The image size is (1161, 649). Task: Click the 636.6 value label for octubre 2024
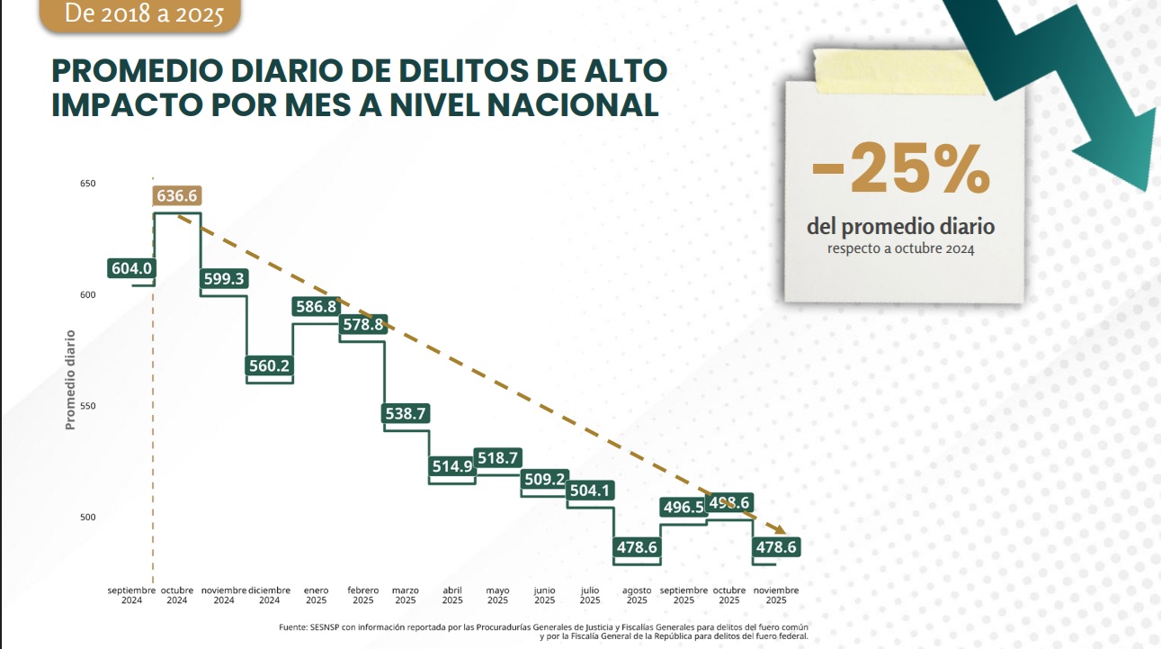177,196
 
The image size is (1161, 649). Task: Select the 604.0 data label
131,268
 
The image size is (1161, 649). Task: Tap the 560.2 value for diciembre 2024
270,365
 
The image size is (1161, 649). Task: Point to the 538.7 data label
406,414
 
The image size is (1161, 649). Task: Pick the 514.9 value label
451,466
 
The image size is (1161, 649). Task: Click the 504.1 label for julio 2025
591,491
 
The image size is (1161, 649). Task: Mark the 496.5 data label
683,508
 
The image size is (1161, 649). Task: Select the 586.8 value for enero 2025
316,307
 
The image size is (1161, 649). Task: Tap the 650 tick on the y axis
88,184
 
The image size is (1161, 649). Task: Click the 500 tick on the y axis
88,518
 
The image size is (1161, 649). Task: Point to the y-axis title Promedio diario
70,379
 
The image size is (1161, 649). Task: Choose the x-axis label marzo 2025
406,596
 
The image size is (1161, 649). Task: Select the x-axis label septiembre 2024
131,596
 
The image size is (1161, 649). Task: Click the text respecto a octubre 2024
901,248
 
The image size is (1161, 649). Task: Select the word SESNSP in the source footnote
320,627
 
